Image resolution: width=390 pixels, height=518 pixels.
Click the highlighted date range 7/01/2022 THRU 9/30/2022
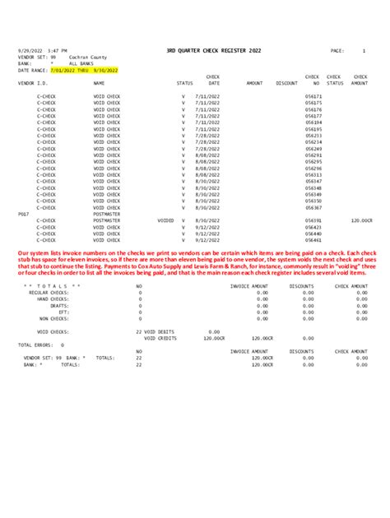pyautogui.click(x=85, y=71)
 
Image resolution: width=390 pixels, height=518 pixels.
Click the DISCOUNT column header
pyautogui.click(x=286, y=83)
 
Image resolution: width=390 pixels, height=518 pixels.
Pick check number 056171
pyautogui.click(x=313, y=96)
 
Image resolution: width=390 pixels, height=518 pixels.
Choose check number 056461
pyautogui.click(x=313, y=240)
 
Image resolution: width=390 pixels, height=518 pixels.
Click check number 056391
pyautogui.click(x=313, y=220)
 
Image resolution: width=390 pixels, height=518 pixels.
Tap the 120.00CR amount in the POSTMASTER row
pyautogui.click(x=361, y=220)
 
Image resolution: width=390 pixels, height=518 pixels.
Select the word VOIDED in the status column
pyautogui.click(x=165, y=220)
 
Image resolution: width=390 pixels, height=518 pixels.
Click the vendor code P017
pyautogui.click(x=24, y=214)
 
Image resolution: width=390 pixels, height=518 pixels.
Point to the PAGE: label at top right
pyautogui.click(x=337, y=51)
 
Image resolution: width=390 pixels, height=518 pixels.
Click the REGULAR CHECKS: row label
pyautogui.click(x=49, y=292)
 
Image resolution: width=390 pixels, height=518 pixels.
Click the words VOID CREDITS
pyautogui.click(x=161, y=338)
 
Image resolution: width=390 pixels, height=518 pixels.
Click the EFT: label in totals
pyautogui.click(x=64, y=312)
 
